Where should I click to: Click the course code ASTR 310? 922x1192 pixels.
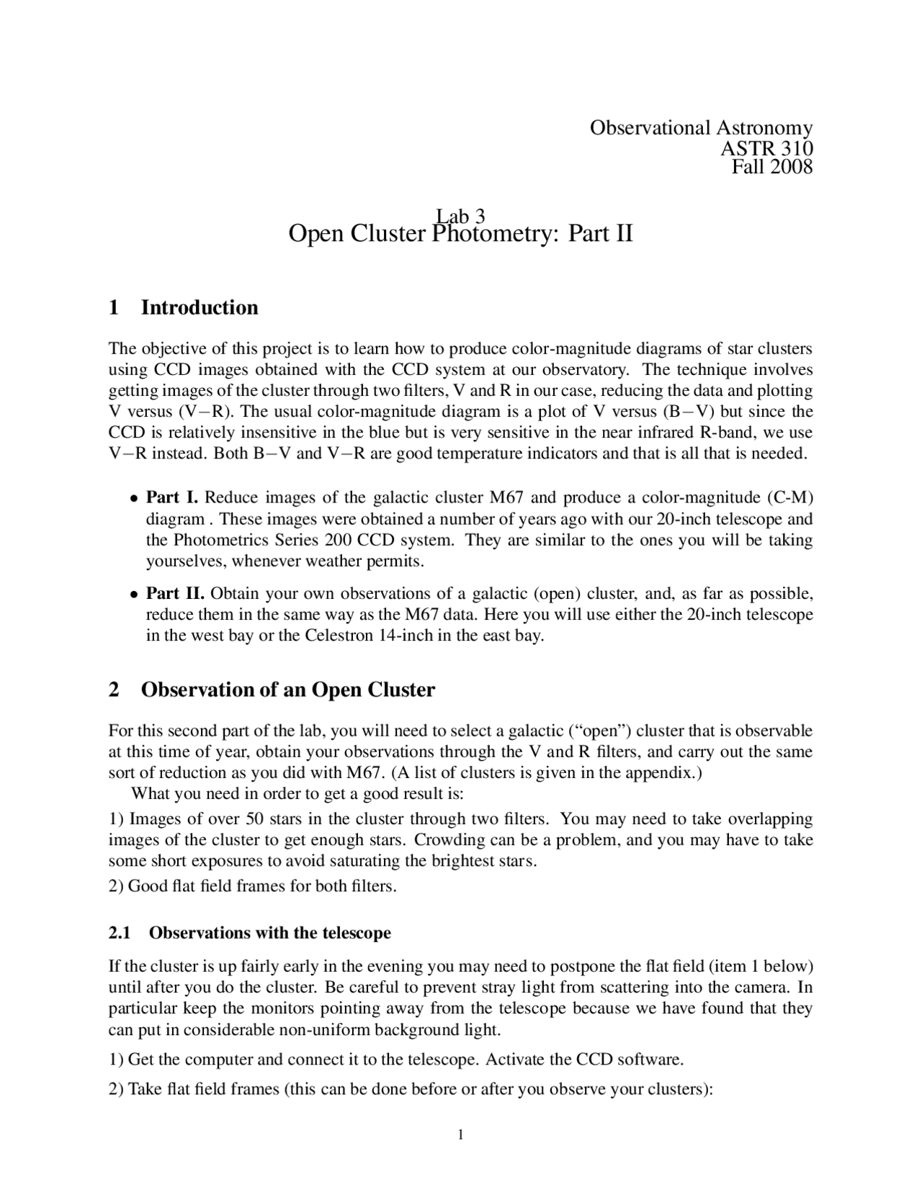pyautogui.click(x=766, y=148)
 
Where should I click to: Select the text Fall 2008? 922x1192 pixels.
pyautogui.click(x=772, y=167)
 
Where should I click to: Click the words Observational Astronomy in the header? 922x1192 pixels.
pyautogui.click(x=701, y=128)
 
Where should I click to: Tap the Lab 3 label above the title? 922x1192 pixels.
pyautogui.click(x=460, y=215)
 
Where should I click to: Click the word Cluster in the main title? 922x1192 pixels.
pyautogui.click(x=388, y=234)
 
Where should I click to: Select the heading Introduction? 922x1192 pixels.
pyautogui.click(x=200, y=307)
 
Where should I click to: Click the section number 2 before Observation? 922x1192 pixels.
pyautogui.click(x=114, y=690)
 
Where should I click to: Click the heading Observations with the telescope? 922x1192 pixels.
pyautogui.click(x=270, y=933)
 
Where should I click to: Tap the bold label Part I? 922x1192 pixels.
pyautogui.click(x=172, y=497)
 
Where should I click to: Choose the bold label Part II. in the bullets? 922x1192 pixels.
pyautogui.click(x=175, y=594)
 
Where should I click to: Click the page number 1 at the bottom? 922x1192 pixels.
pyautogui.click(x=461, y=1135)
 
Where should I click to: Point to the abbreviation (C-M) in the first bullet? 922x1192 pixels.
pyautogui.click(x=790, y=497)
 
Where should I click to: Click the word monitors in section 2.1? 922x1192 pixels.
pyautogui.click(x=260, y=1008)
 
